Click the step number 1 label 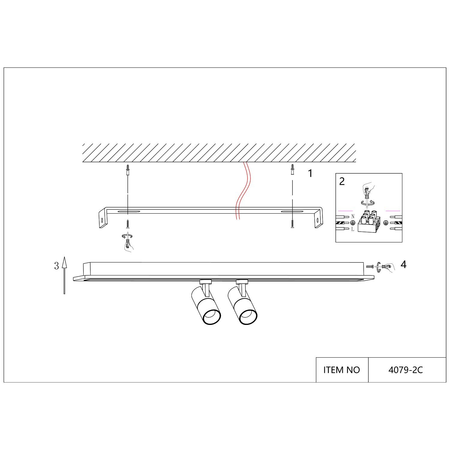click(310, 173)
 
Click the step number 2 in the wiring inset click(342, 181)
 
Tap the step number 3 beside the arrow click(56, 266)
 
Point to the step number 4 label click(403, 265)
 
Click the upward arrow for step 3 click(64, 275)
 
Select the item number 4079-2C click(406, 370)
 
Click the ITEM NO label click(342, 370)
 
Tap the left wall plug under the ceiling click(128, 170)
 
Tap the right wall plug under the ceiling click(292, 170)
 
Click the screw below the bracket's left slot click(128, 223)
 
